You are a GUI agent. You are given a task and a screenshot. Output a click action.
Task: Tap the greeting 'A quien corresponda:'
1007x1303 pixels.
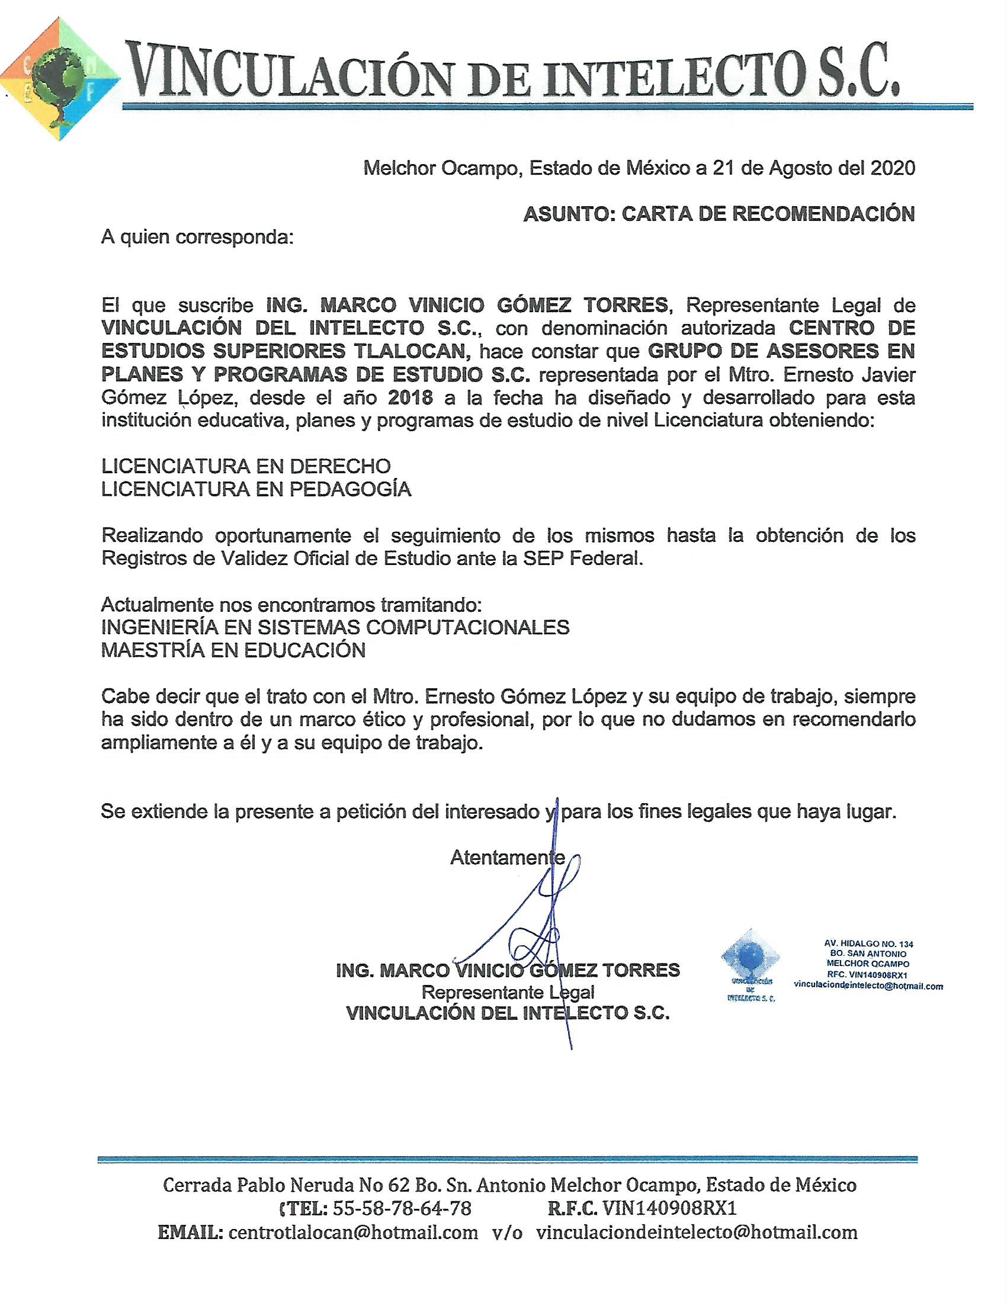pos(197,238)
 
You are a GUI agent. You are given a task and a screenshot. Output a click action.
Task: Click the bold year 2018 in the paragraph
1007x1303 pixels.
pos(410,397)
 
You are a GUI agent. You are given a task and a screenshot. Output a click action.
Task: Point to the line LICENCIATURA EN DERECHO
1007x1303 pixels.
pos(246,466)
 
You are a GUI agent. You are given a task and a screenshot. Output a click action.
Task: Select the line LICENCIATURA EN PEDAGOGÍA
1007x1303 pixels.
pos(256,489)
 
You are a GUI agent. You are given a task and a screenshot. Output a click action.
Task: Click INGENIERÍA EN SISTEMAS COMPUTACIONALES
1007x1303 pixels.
pos(335,628)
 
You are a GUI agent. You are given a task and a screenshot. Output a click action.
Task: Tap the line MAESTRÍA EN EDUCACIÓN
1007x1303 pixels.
pos(233,650)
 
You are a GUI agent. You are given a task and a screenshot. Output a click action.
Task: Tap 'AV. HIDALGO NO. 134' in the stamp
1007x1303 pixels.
pos(868,944)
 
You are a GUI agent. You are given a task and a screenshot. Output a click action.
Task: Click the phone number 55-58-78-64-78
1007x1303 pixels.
pos(402,1209)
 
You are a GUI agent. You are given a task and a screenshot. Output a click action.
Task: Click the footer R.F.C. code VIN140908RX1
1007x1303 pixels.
pos(669,1209)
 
